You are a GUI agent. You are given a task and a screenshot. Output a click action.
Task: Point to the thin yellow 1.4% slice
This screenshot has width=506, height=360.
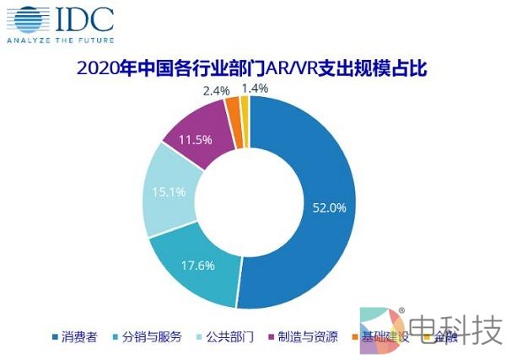[x=245, y=107]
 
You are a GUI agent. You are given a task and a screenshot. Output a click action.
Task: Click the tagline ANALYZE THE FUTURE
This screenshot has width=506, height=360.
[x=56, y=40]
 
